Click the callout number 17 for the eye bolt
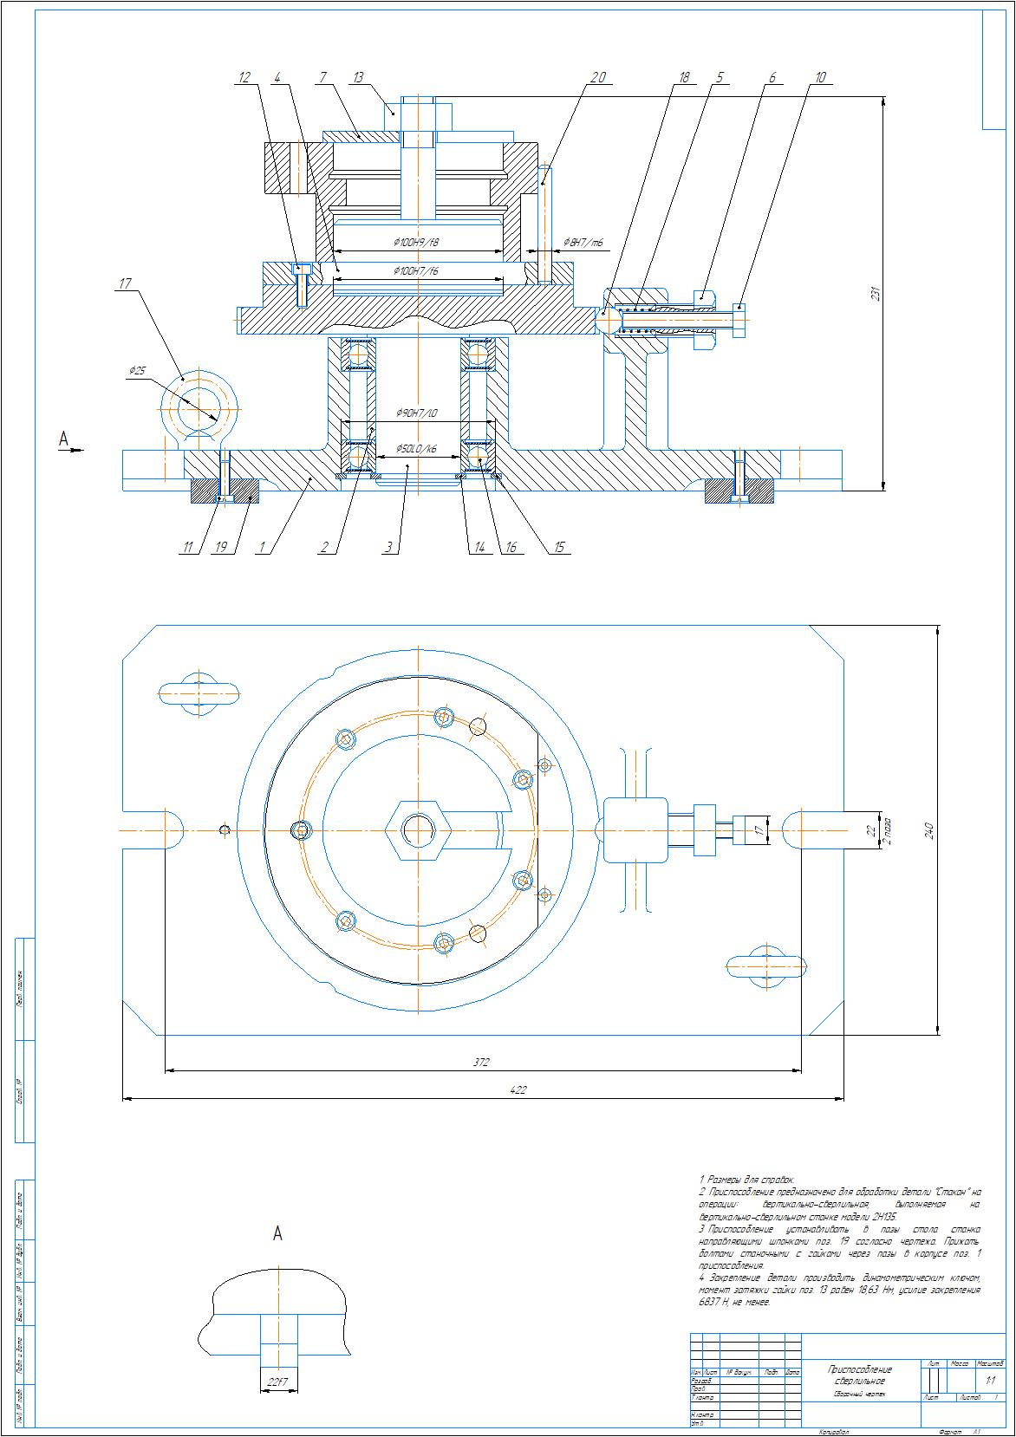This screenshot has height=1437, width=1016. [126, 283]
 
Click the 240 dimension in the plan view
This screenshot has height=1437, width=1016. [928, 829]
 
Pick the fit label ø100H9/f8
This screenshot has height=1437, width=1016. [417, 243]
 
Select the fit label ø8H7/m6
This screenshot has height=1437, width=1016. [583, 242]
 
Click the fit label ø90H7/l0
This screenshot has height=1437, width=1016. [417, 413]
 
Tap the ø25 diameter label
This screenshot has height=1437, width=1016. [138, 371]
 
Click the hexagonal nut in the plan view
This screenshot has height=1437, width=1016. [418, 829]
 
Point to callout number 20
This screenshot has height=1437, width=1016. [597, 77]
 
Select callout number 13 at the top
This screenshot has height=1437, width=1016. [358, 77]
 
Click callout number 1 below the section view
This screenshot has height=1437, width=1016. [261, 548]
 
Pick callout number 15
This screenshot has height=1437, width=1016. [559, 548]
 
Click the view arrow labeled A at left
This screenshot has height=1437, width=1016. [63, 440]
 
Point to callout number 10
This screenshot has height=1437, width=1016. [820, 77]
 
